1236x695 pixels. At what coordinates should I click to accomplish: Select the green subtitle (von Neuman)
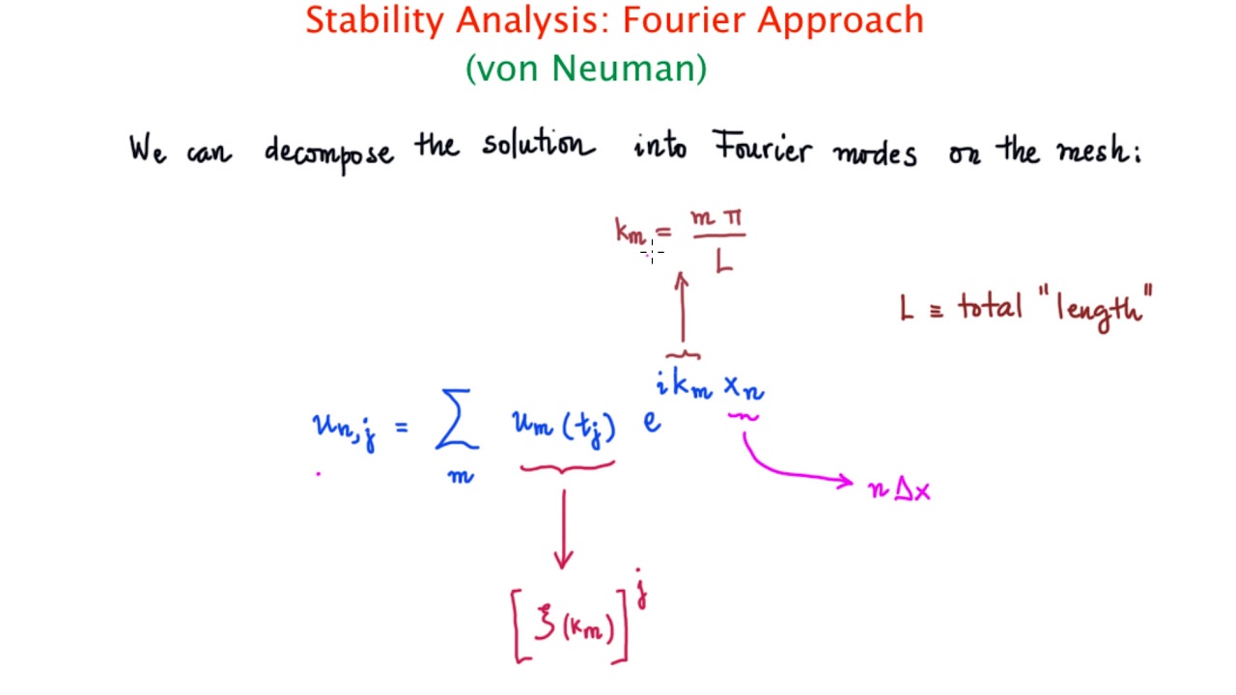586,69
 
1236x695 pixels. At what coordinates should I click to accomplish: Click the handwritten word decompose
329,152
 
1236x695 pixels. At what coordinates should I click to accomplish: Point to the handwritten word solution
538,146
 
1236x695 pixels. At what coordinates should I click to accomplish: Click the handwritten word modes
875,153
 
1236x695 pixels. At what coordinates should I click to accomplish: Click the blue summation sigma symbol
456,422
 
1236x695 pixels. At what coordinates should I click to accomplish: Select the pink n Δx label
899,490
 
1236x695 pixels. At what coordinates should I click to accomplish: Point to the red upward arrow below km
682,309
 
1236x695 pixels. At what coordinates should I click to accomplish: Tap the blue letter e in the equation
652,422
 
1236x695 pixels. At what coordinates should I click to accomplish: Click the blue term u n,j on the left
344,428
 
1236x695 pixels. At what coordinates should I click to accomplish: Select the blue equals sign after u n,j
401,426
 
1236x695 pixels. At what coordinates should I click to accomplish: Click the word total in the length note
990,308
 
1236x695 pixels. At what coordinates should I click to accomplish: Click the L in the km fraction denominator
723,262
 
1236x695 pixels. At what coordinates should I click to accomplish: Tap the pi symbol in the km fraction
732,218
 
